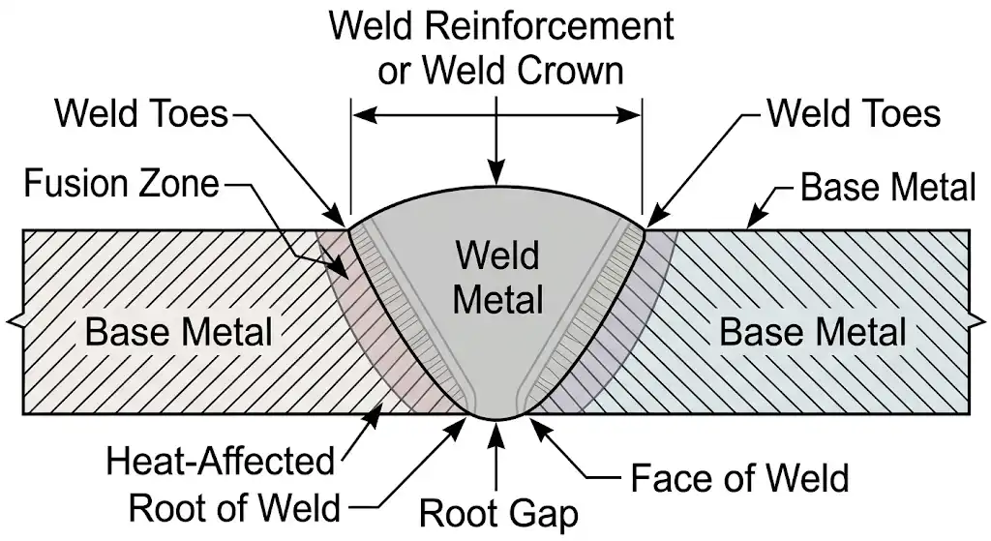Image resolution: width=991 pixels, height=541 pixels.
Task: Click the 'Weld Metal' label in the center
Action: pyautogui.click(x=497, y=279)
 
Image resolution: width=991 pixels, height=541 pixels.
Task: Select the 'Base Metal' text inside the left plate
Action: pyautogui.click(x=179, y=332)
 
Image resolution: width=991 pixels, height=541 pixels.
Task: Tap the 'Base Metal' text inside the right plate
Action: pyautogui.click(x=813, y=332)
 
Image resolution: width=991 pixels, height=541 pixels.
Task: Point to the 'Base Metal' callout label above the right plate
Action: pyautogui.click(x=887, y=188)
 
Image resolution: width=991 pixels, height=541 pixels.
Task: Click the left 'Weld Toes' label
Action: pyautogui.click(x=140, y=114)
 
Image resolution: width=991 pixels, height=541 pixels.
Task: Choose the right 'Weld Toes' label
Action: pyautogui.click(x=854, y=114)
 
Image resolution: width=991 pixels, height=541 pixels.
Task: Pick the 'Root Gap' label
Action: pyautogui.click(x=497, y=514)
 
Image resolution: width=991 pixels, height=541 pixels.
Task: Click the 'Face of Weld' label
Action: pyautogui.click(x=739, y=478)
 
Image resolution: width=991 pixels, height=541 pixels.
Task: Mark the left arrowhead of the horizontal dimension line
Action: pyautogui.click(x=358, y=115)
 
